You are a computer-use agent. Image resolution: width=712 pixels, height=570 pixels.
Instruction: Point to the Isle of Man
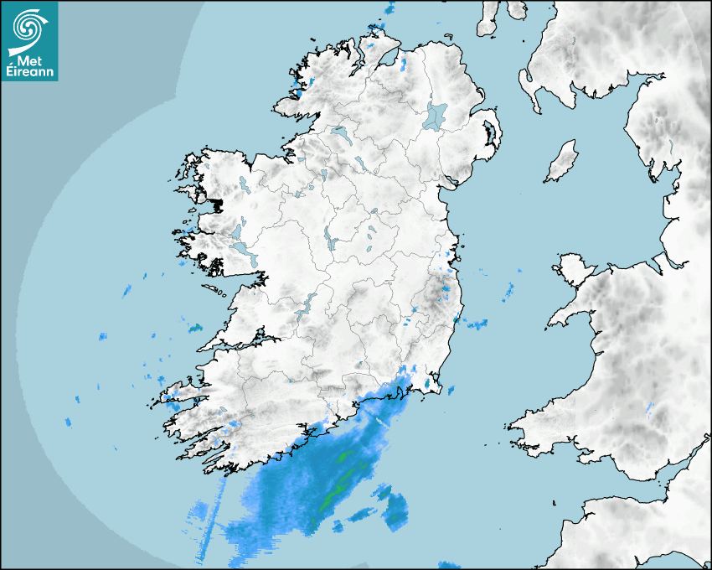pyautogui.click(x=562, y=161)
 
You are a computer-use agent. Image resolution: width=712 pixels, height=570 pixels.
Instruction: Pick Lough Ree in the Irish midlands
pyautogui.click(x=331, y=243)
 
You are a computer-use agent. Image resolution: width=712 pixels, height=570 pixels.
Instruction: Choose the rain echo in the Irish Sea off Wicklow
pyautogui.click(x=477, y=324)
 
